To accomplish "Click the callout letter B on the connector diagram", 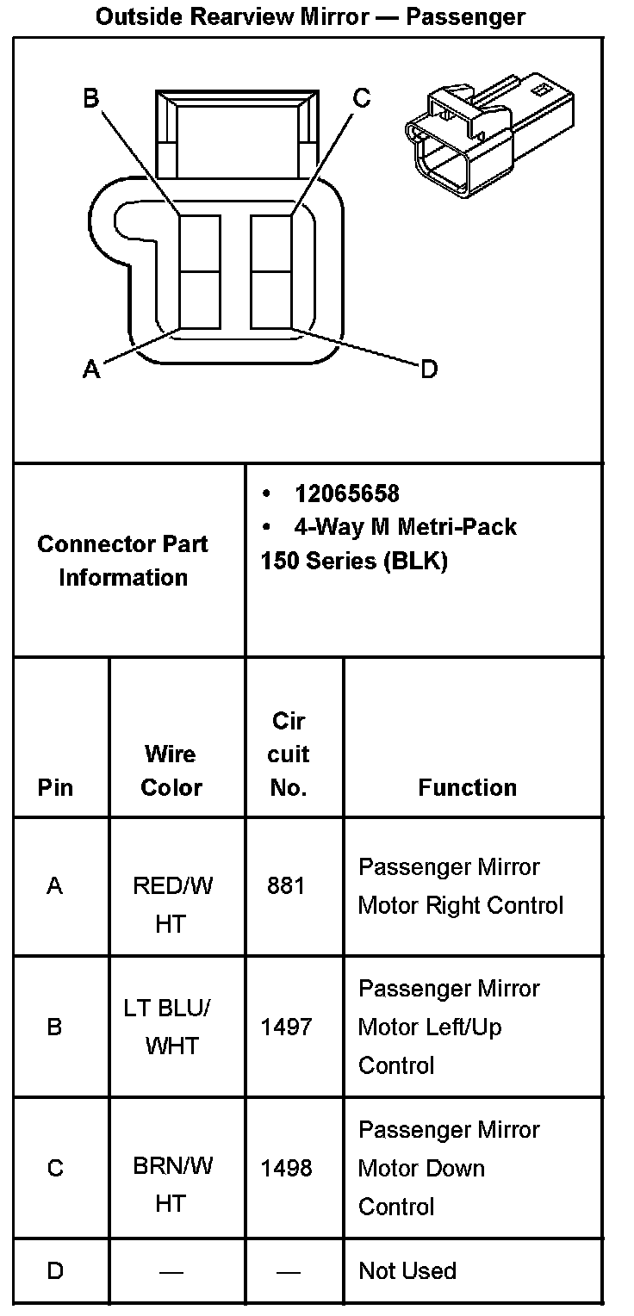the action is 90,98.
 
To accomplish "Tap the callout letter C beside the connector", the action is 362,98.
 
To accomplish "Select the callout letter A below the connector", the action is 90,369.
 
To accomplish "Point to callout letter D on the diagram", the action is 428,370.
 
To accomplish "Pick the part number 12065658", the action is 346,493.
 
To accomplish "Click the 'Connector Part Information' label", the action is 123,561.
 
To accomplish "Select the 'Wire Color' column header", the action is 171,771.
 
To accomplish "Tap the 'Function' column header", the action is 467,787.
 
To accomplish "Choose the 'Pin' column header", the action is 55,787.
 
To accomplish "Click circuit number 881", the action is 286,885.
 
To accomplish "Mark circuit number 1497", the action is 286,1027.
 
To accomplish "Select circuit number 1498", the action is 286,1168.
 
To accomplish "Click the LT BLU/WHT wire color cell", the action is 171,1027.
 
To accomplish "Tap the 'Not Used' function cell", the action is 407,1270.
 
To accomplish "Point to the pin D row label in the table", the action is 55,1270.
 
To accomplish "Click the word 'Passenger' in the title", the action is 465,16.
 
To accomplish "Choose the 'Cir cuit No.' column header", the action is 288,754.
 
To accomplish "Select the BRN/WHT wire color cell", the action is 171,1184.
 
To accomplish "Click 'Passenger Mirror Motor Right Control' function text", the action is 460,885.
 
